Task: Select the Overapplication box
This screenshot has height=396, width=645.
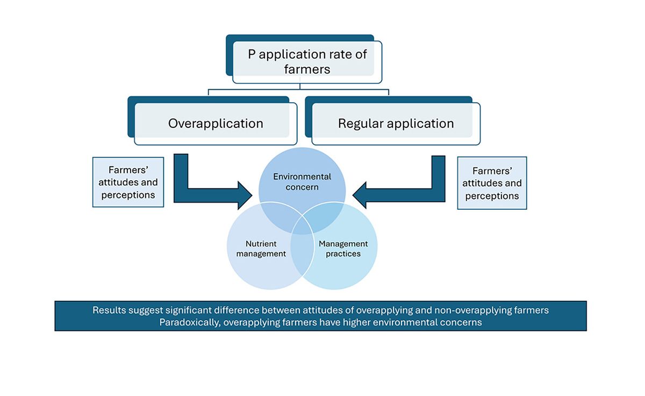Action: point(216,123)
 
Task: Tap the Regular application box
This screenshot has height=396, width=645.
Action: point(396,123)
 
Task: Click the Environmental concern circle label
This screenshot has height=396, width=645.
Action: point(302,182)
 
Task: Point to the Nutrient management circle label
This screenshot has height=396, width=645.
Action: point(261,249)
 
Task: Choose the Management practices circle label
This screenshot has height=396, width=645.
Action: point(343,249)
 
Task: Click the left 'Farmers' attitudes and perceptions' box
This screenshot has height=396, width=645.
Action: point(128,182)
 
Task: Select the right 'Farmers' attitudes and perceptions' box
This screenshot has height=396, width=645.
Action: point(492,183)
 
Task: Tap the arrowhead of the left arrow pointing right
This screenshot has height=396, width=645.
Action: point(245,194)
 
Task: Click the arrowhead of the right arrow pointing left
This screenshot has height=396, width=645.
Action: point(359,194)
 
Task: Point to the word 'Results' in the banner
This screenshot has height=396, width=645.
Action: point(108,310)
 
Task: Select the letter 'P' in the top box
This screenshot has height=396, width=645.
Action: point(251,54)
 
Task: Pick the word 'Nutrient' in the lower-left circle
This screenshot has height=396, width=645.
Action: point(261,244)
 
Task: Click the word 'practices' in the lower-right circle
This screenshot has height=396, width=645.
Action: point(343,253)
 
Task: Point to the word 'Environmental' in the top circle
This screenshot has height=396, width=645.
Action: point(302,176)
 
